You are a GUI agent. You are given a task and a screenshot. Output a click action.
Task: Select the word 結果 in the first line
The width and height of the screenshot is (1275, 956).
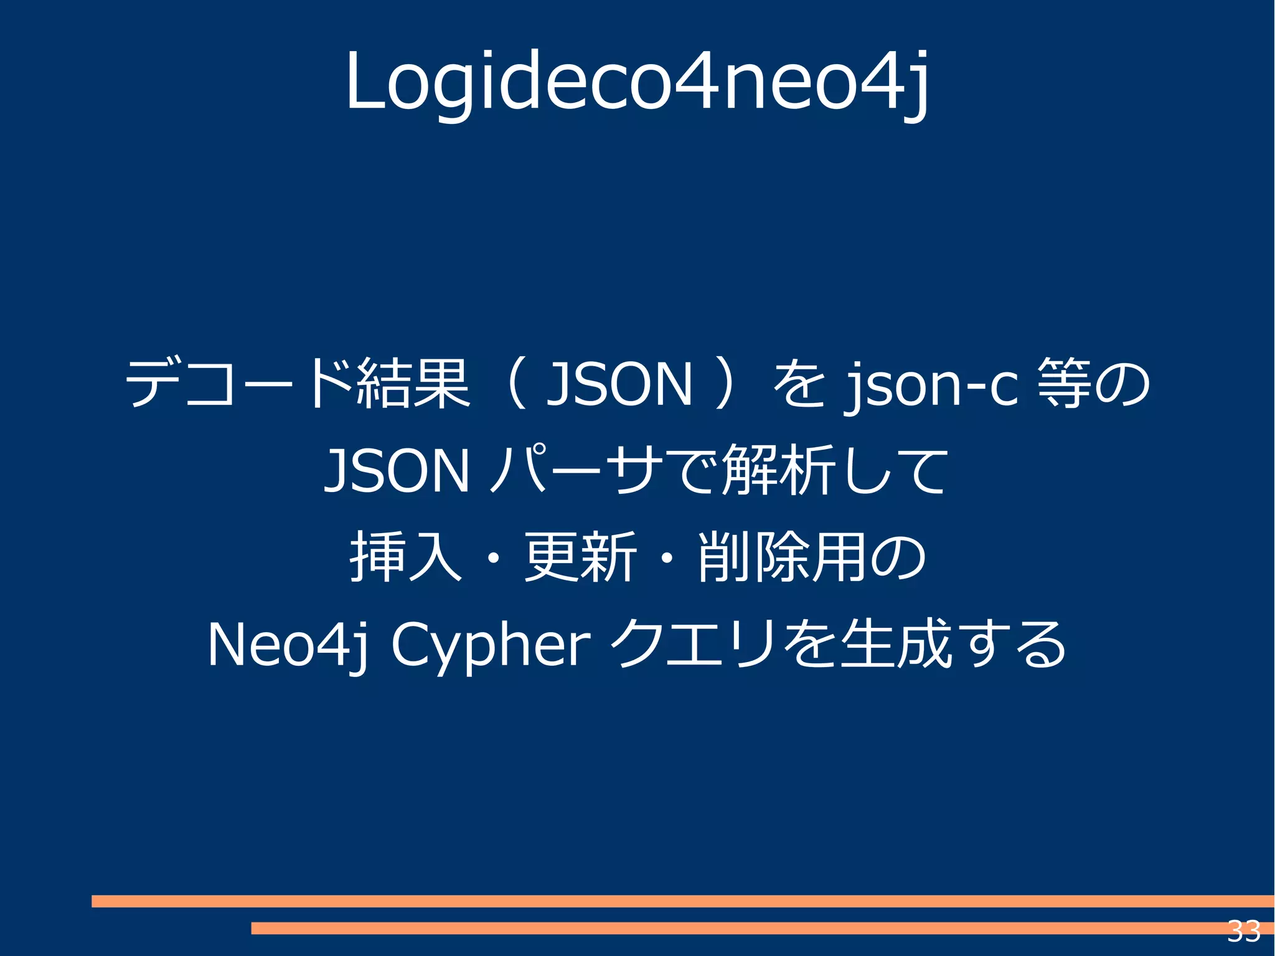(413, 384)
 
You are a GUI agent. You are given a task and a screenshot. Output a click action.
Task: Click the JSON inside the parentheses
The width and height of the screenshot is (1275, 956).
(619, 384)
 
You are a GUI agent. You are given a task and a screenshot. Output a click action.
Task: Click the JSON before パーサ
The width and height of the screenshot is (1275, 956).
(397, 471)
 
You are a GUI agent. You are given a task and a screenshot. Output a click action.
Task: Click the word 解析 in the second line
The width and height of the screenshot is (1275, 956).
(778, 471)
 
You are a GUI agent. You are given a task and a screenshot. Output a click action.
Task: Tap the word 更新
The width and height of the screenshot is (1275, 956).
(580, 557)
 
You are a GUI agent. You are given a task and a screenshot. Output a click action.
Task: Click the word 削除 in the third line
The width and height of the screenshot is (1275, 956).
(754, 557)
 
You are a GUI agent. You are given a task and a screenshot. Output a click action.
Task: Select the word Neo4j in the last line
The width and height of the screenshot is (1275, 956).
(287, 645)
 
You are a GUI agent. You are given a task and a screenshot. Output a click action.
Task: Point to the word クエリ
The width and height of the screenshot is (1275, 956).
(694, 644)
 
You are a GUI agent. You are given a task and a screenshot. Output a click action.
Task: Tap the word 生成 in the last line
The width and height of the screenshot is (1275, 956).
(895, 644)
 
